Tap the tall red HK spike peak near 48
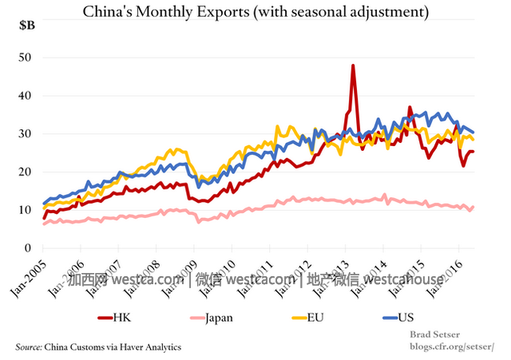click(353, 65)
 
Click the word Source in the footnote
click(30, 347)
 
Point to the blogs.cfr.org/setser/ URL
click(452, 347)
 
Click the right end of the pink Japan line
click(473, 208)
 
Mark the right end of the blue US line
click(473, 132)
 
